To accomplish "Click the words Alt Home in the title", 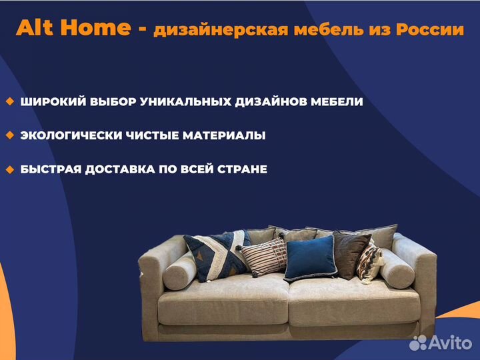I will [x=73, y=28].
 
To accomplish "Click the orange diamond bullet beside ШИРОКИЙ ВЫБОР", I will [x=10, y=101].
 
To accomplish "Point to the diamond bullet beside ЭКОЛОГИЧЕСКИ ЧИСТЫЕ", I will [x=10, y=135].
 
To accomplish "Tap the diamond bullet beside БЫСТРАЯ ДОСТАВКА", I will [x=10, y=169].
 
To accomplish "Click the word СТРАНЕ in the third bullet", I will [x=242, y=169].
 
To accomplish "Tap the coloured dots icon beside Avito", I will [x=419, y=343].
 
